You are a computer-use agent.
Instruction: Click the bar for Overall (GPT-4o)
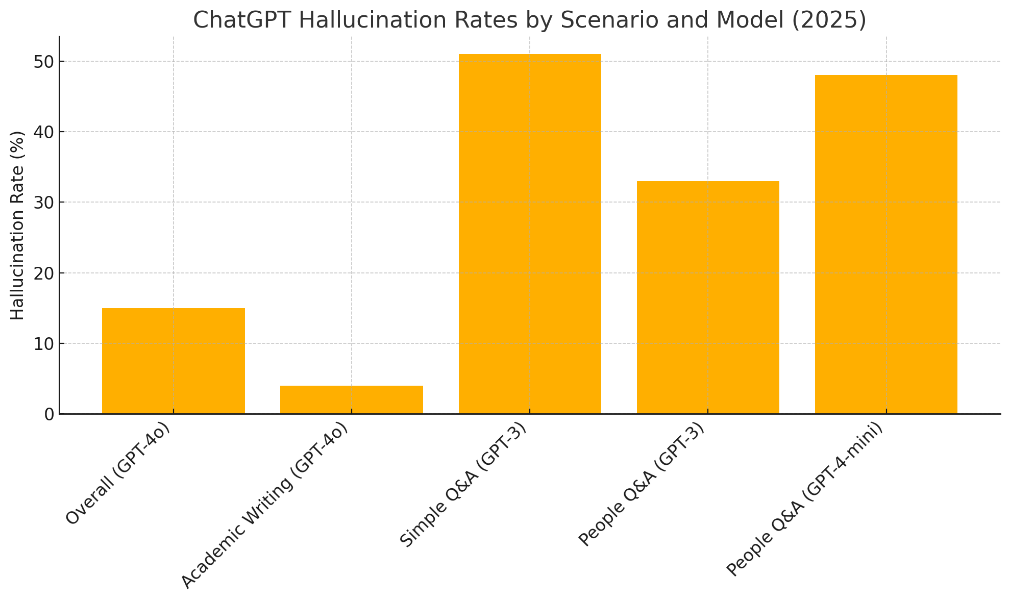pyautogui.click(x=173, y=361)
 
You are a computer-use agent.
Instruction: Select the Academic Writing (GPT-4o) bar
pyautogui.click(x=351, y=399)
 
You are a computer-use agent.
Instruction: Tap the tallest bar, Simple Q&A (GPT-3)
pyautogui.click(x=529, y=234)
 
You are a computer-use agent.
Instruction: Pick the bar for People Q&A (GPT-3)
pyautogui.click(x=707, y=297)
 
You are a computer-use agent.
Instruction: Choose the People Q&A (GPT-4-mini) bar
pyautogui.click(x=885, y=244)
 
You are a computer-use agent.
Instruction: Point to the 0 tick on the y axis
pyautogui.click(x=49, y=414)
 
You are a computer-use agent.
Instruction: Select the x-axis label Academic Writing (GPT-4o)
pyautogui.click(x=265, y=506)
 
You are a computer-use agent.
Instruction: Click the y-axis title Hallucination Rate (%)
pyautogui.click(x=18, y=225)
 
